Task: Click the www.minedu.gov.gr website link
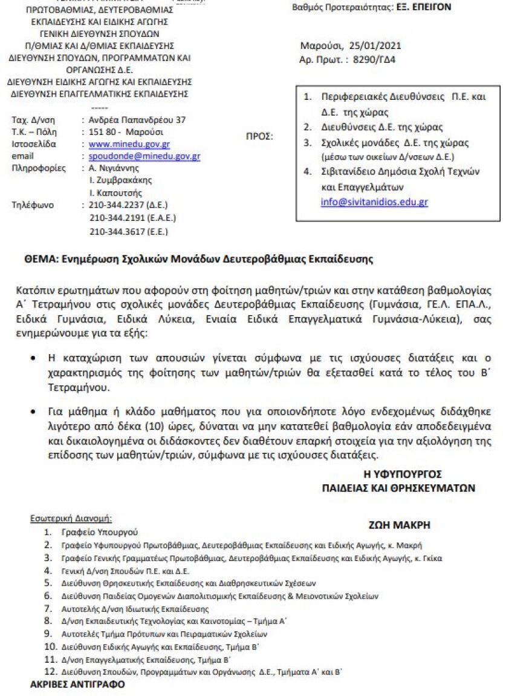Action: tap(129, 144)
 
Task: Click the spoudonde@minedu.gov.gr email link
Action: tap(144, 156)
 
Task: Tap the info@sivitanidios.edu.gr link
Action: tap(374, 202)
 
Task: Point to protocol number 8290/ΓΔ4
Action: tap(368, 59)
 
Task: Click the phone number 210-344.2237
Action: tap(118, 205)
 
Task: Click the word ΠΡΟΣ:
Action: tap(259, 136)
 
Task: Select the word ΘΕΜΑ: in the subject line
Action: tap(41, 260)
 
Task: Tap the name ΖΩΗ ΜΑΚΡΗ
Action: tap(399, 525)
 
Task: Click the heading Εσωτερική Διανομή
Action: tap(71, 519)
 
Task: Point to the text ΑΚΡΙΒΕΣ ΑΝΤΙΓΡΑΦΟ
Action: tap(77, 685)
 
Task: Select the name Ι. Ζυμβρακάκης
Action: tap(120, 180)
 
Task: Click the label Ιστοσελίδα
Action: tap(34, 144)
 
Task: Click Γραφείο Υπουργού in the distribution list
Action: tap(99, 532)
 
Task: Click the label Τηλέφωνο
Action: tap(33, 205)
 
